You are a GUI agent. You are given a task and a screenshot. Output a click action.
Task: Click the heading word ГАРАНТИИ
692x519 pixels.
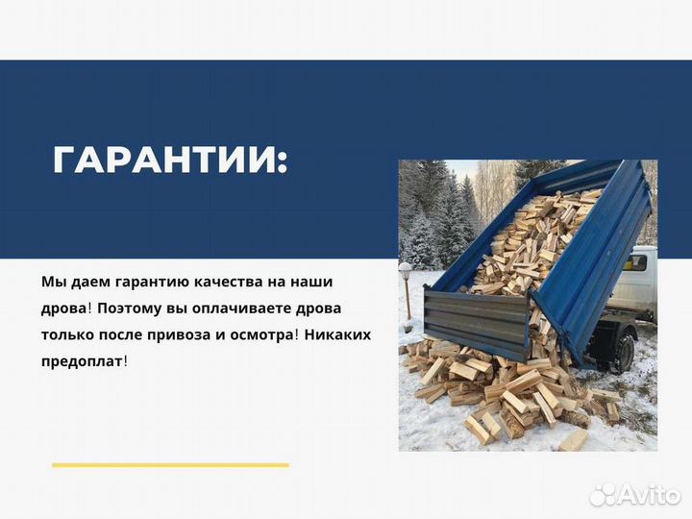point(169,161)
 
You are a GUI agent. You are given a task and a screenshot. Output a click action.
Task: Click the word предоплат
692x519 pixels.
point(83,360)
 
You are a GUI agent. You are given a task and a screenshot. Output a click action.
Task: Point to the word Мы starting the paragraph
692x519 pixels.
point(53,283)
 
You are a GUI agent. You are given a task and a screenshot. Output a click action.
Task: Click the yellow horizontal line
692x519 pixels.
point(170,465)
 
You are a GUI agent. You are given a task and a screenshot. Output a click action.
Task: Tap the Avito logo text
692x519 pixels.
point(650,494)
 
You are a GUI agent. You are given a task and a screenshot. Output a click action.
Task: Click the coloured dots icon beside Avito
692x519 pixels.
point(603,494)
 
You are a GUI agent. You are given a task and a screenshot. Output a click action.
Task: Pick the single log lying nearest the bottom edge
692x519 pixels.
point(573,439)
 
